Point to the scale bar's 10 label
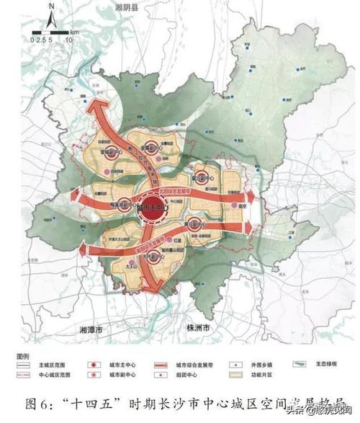pos(68,41)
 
